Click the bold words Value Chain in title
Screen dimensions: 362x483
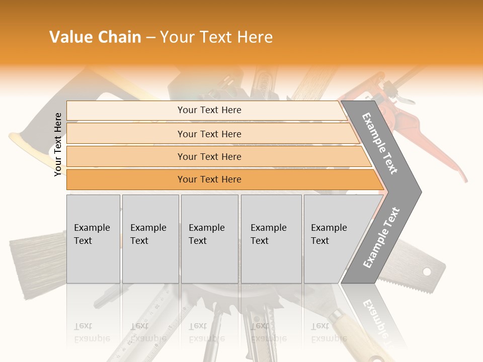point(95,37)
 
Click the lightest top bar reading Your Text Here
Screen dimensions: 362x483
point(209,110)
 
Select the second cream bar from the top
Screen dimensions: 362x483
point(209,134)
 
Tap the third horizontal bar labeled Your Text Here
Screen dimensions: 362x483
point(209,156)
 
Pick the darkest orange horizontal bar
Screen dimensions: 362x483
point(209,179)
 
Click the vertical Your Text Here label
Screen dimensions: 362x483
point(58,144)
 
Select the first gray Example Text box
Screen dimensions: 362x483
point(93,239)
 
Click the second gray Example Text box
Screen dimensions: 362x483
point(150,239)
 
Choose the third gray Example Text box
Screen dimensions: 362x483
point(209,239)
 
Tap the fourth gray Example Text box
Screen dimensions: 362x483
point(271,239)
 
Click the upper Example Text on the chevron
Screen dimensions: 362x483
point(380,143)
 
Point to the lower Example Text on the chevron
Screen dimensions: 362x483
point(381,237)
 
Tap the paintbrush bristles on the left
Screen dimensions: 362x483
point(25,261)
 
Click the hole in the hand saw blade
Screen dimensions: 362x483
point(427,272)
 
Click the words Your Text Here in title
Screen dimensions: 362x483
point(216,37)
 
